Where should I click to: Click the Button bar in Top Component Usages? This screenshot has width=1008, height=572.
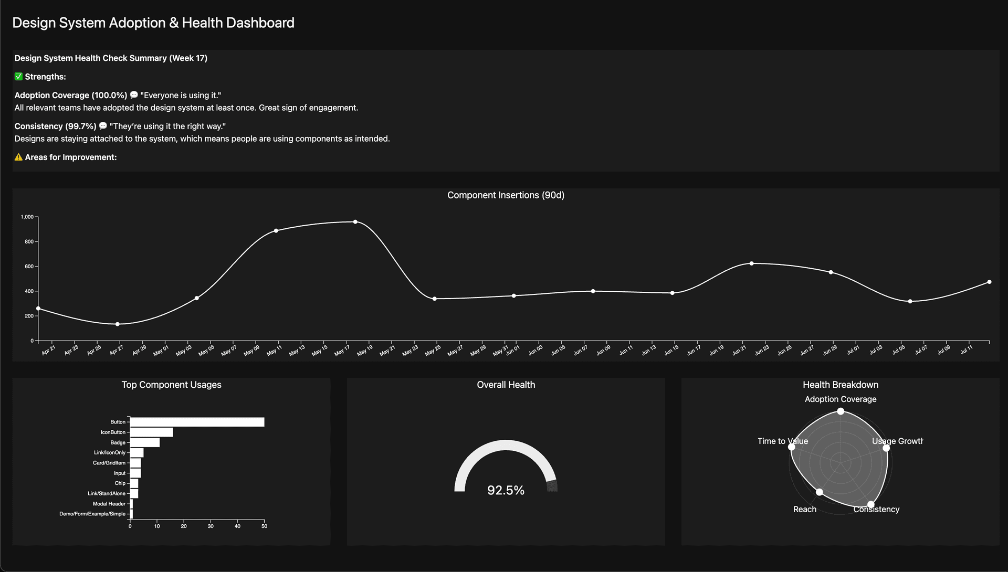[x=197, y=422]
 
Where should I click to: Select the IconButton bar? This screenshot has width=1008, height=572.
[x=151, y=432]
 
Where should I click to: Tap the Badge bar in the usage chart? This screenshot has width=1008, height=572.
[x=144, y=442]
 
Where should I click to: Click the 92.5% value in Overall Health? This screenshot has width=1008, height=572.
[x=506, y=490]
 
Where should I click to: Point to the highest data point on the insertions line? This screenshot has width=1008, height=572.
[x=355, y=222]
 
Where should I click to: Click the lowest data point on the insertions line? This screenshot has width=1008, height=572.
[x=118, y=324]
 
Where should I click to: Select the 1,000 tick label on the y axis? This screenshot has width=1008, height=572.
[x=27, y=217]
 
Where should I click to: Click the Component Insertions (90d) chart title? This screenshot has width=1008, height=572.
[x=506, y=195]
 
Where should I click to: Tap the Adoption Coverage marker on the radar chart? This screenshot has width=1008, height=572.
[x=841, y=411]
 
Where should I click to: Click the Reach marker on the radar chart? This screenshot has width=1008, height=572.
[x=820, y=492]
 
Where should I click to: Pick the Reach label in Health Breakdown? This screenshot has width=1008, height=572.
[x=804, y=510]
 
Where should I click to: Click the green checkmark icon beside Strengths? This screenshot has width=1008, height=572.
[x=18, y=77]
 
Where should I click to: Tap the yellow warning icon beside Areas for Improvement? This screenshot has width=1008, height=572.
[x=18, y=157]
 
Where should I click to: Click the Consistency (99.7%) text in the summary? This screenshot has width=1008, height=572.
[x=55, y=126]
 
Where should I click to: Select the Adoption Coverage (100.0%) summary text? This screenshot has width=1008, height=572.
[x=71, y=96]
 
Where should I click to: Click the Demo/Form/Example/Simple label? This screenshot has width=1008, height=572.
[x=92, y=514]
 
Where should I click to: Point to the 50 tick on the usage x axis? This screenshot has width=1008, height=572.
[x=264, y=526]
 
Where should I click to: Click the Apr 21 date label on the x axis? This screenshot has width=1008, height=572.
[x=48, y=351]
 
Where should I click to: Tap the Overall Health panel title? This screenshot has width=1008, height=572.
[x=506, y=385]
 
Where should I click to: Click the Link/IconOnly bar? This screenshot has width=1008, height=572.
[x=136, y=453]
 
